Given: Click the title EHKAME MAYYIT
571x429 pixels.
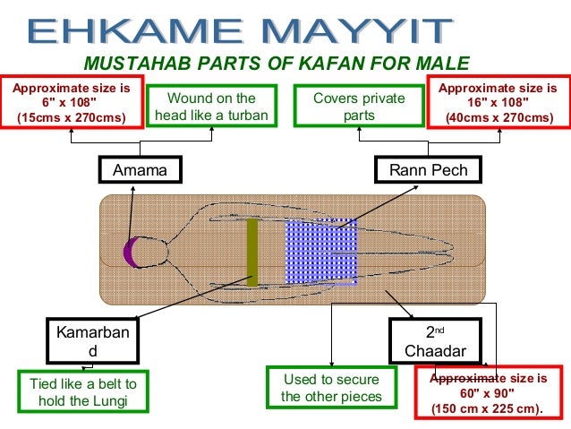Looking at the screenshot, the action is click(237, 30).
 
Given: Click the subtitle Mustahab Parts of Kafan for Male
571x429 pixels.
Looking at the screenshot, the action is click(276, 64).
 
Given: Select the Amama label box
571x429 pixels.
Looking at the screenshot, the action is click(140, 170).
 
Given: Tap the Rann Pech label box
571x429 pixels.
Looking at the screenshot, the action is click(429, 170).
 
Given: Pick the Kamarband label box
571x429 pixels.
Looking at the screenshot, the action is click(92, 342).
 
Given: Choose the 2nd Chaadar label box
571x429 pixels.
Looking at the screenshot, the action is click(435, 342).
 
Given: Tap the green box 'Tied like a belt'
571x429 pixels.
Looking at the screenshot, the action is click(83, 392).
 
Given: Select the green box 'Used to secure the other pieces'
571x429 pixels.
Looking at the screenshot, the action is click(330, 388).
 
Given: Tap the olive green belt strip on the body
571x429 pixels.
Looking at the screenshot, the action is click(251, 252).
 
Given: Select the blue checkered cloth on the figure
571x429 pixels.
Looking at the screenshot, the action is click(321, 252).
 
